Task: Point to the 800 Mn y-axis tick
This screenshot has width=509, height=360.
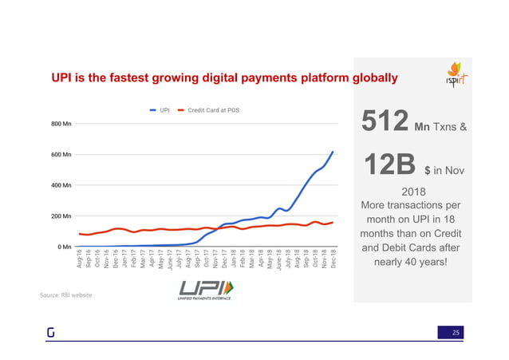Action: (x=61, y=124)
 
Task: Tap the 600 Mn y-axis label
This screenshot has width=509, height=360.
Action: (x=61, y=154)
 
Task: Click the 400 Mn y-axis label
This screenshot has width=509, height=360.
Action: (x=61, y=185)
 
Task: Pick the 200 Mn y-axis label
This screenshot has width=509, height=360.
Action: (x=61, y=216)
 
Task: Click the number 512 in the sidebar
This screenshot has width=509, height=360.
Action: (x=386, y=121)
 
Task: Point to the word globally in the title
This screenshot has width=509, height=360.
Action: (x=369, y=78)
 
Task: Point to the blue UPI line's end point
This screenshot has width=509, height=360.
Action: (x=333, y=152)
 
